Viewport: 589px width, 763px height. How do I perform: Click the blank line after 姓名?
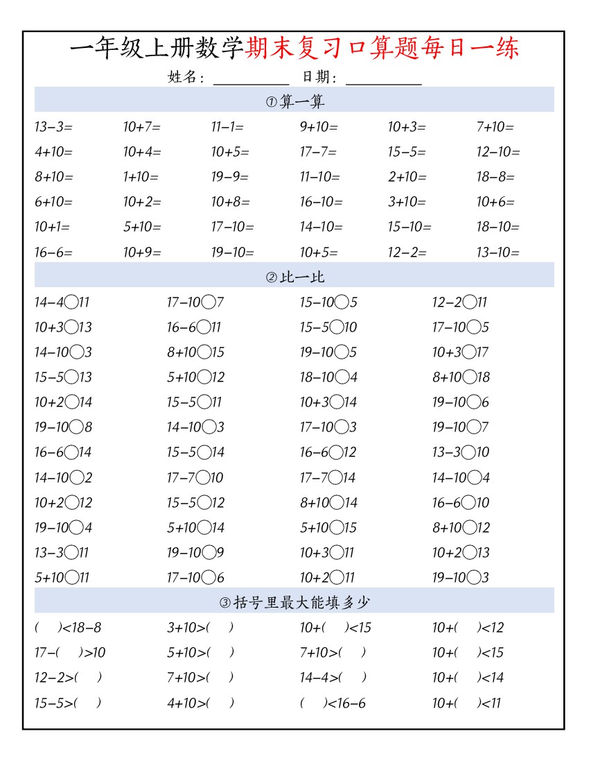click(x=251, y=78)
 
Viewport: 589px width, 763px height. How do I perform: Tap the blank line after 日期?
click(x=383, y=78)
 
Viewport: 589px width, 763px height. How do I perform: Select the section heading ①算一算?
click(x=294, y=102)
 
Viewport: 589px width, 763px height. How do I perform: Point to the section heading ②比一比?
click(x=294, y=277)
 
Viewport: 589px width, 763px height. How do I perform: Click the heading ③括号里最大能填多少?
click(x=294, y=603)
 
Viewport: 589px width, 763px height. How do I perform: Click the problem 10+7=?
click(x=142, y=127)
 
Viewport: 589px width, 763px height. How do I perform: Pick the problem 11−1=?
click(x=227, y=127)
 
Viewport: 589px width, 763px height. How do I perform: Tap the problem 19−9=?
click(x=230, y=177)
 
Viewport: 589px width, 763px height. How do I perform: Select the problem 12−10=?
click(x=498, y=152)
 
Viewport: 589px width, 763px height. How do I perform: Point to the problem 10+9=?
click(x=142, y=252)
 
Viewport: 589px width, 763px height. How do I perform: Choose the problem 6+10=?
click(x=53, y=202)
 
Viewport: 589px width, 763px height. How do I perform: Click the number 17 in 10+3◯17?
click(x=482, y=352)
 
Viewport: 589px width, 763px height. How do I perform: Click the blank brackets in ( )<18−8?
click(x=48, y=628)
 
